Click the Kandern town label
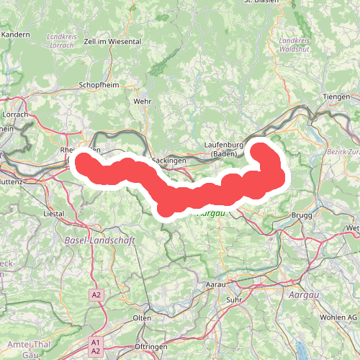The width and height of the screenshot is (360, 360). tap(15, 34)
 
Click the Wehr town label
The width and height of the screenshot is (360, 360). tap(142, 102)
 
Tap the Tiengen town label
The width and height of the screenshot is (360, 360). tap(336, 96)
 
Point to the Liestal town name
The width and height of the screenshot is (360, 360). tap(55, 214)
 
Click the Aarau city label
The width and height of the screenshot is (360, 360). tap(216, 285)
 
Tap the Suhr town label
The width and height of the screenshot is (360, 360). tap(234, 299)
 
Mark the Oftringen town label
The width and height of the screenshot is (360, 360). tap(152, 347)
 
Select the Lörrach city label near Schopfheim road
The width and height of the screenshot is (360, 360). tap(14, 114)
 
